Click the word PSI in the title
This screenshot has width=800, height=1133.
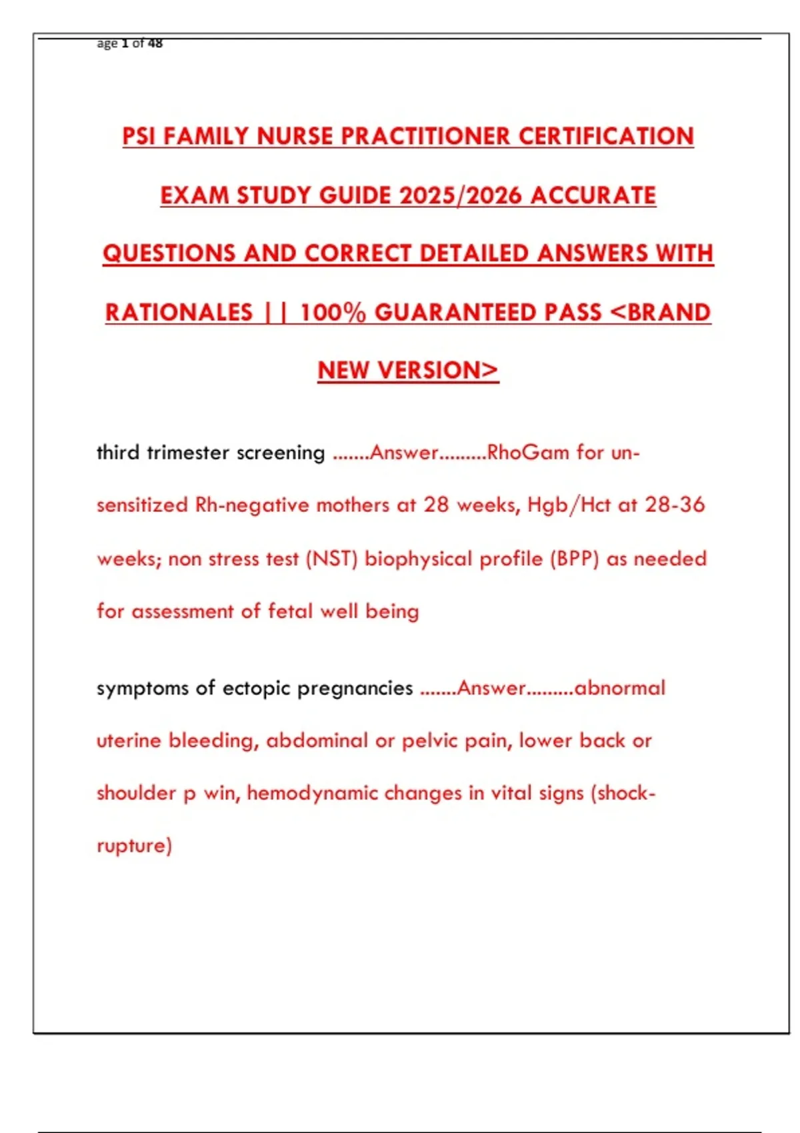pos(139,137)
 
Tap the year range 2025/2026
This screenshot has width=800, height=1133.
pos(461,195)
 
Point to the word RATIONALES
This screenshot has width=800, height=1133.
pos(179,313)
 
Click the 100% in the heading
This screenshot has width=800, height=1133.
pos(333,313)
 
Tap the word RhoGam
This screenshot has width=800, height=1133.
pos(528,453)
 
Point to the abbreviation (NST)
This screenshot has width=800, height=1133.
pos(331,559)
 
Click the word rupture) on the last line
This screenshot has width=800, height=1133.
pos(134,846)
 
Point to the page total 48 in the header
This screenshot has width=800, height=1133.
pos(155,43)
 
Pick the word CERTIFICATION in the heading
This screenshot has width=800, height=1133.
pos(606,137)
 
